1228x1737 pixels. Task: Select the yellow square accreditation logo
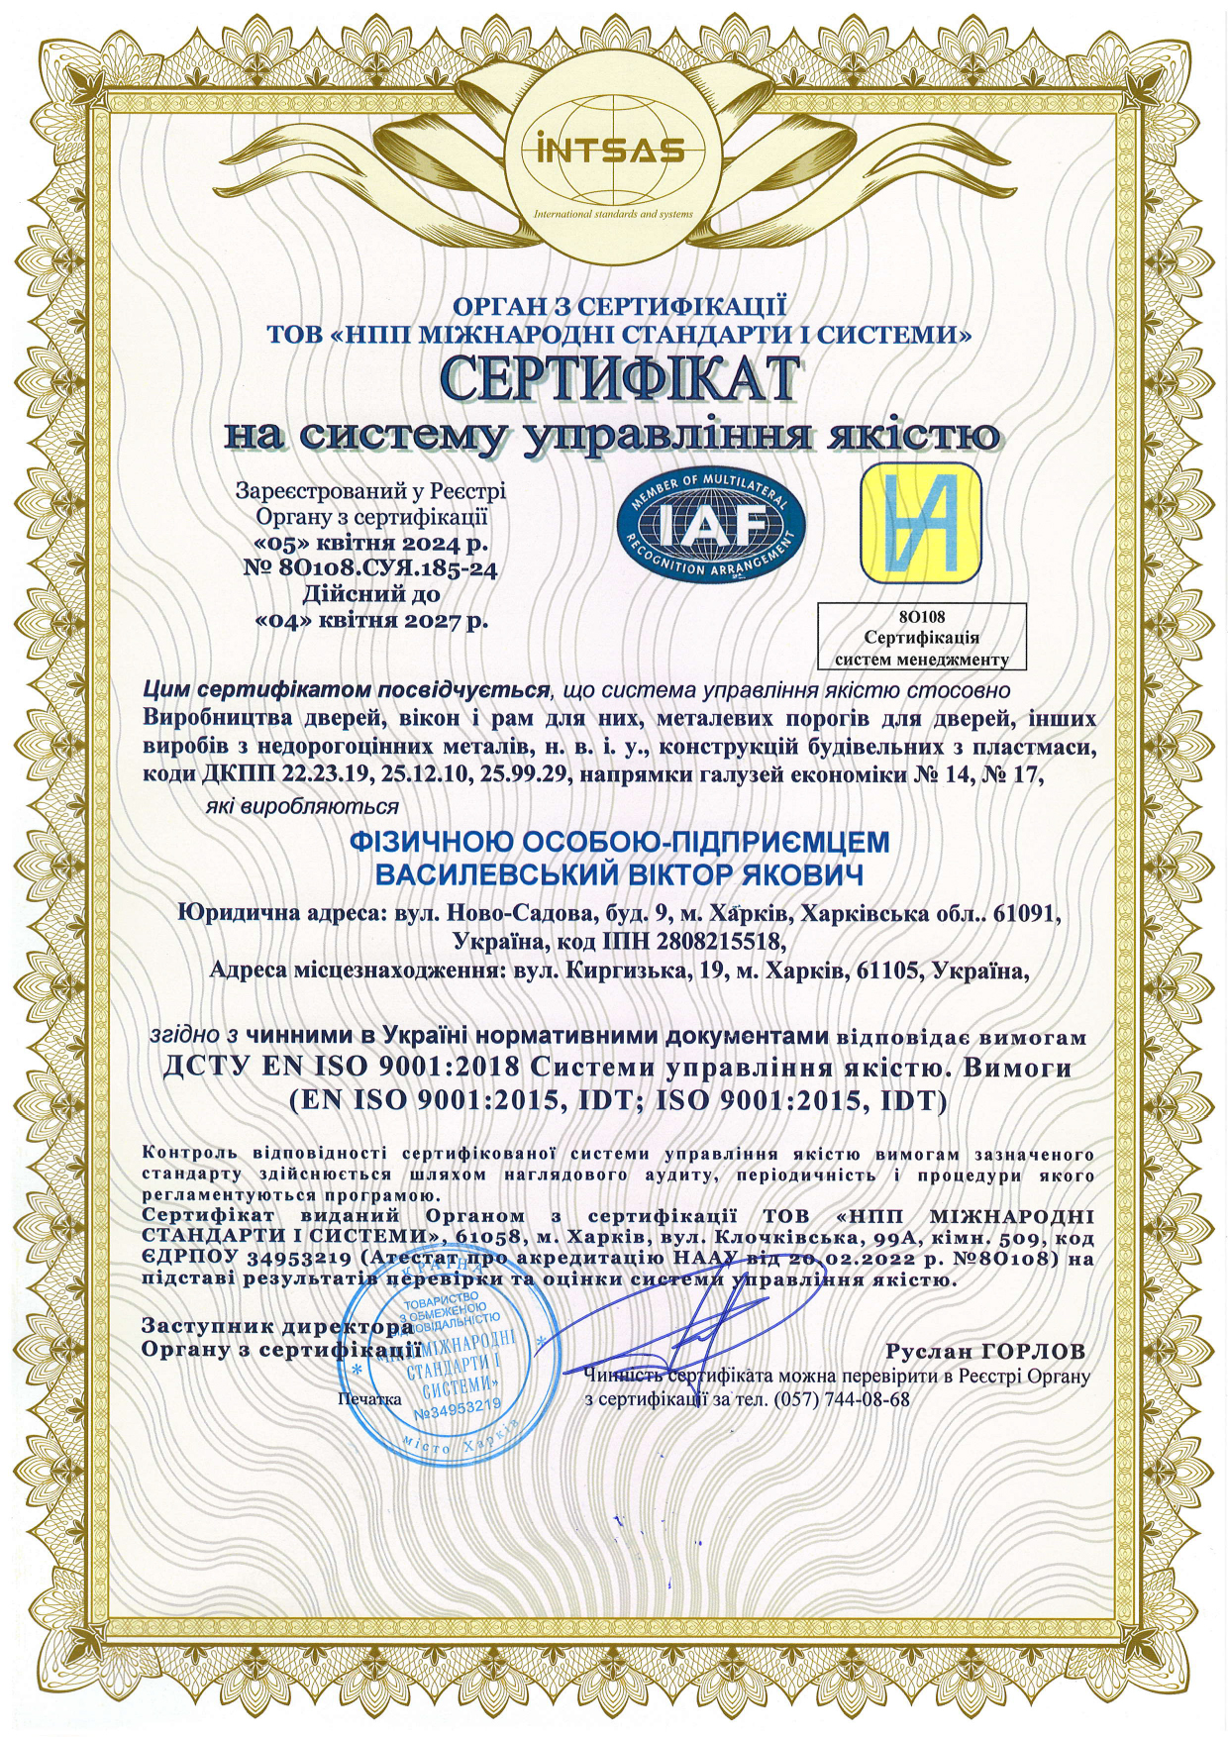coord(920,523)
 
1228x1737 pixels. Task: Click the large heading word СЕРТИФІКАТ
coord(619,380)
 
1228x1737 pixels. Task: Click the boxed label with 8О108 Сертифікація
coord(921,637)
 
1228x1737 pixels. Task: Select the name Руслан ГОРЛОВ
coord(985,1351)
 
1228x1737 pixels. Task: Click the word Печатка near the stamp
coord(368,1399)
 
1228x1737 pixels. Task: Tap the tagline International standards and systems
coord(613,214)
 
